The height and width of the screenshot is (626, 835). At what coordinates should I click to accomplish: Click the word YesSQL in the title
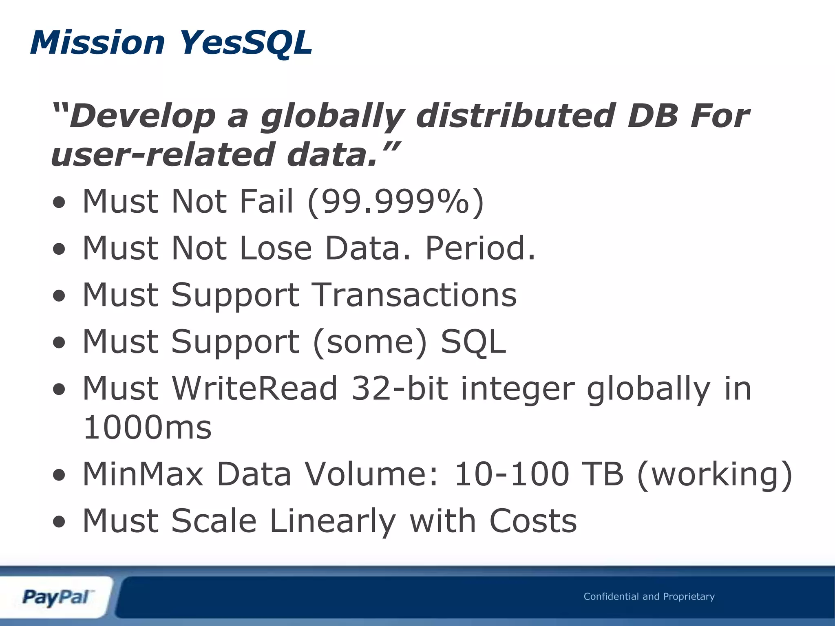tap(245, 43)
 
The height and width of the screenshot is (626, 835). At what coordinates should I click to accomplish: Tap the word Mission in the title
tap(97, 43)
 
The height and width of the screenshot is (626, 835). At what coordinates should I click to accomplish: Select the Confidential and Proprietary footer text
tap(649, 597)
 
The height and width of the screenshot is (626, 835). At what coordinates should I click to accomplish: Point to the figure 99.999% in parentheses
tap(395, 202)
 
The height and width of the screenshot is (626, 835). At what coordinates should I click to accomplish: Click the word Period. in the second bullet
tap(480, 248)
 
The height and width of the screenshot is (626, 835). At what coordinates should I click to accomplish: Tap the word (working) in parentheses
tap(714, 475)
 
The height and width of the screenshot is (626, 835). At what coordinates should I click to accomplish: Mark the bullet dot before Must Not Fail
tap(59, 203)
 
